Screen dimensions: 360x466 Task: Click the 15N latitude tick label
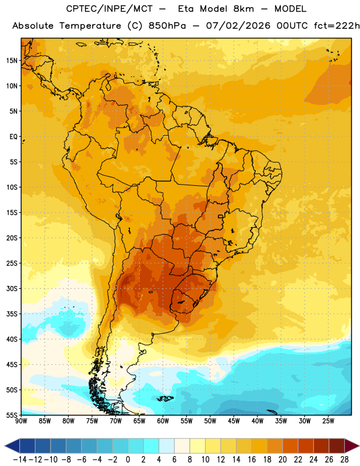click(12, 61)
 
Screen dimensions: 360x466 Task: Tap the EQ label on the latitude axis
click(13, 137)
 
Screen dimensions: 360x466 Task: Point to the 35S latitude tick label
click(12, 314)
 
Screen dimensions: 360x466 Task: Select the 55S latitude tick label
click(12, 415)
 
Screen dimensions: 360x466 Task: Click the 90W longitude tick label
click(21, 421)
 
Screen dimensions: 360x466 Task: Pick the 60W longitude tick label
click(163, 421)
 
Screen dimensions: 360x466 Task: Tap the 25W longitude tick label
click(328, 421)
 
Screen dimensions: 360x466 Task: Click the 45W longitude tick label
click(234, 421)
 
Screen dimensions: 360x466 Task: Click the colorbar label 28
click(344, 460)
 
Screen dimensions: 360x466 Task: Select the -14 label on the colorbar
click(20, 460)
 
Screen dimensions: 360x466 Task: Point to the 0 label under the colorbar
click(128, 460)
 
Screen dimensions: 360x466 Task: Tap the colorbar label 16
click(252, 460)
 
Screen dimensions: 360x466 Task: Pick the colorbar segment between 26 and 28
click(337, 446)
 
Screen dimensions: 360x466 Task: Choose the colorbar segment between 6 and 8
click(182, 446)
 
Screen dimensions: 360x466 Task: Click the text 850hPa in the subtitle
click(167, 26)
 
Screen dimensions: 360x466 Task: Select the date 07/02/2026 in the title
click(238, 26)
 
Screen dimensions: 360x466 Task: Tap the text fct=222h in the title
click(337, 26)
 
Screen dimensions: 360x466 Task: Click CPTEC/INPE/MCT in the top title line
click(109, 9)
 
